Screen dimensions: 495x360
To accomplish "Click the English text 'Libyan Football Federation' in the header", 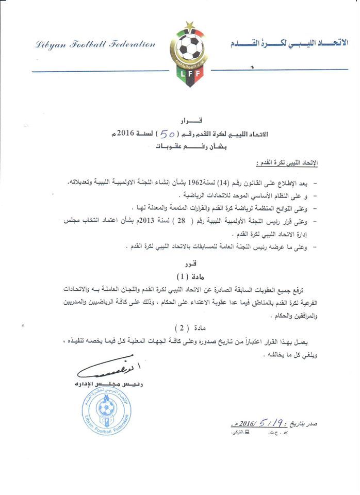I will point(95,45).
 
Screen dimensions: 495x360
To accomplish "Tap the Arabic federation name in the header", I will point(289,44).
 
